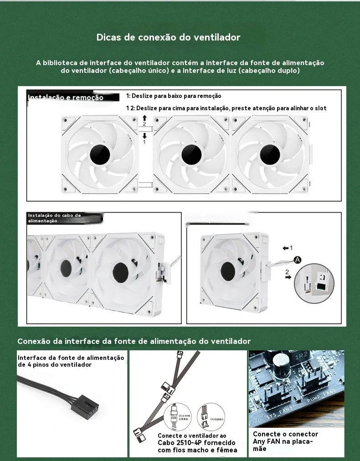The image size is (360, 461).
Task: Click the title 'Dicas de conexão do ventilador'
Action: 168,37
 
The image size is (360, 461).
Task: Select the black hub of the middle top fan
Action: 191,154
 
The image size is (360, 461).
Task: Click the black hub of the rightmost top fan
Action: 270,154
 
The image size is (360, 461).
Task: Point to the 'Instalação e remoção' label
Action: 66,97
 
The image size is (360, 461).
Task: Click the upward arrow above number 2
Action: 144,118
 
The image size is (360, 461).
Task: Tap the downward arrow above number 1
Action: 144,136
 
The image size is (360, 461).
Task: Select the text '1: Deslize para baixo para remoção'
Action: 174,96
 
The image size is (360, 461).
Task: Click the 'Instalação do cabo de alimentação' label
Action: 54,218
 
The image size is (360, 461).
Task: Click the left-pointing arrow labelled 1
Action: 286,248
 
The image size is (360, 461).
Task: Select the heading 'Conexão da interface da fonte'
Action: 134,341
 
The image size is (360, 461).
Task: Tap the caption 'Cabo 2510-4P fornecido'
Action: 196,443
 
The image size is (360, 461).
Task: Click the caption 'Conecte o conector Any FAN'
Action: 285,434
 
